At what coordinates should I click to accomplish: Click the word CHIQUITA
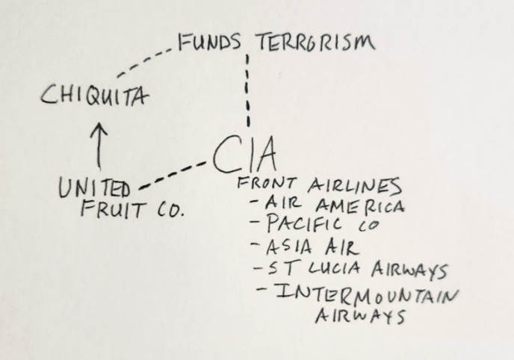pos(93,96)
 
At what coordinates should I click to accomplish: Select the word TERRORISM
pos(315,43)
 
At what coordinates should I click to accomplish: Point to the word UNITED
pos(95,188)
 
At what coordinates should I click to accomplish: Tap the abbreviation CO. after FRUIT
pos(169,210)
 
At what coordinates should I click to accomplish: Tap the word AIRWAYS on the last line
pos(359,316)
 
